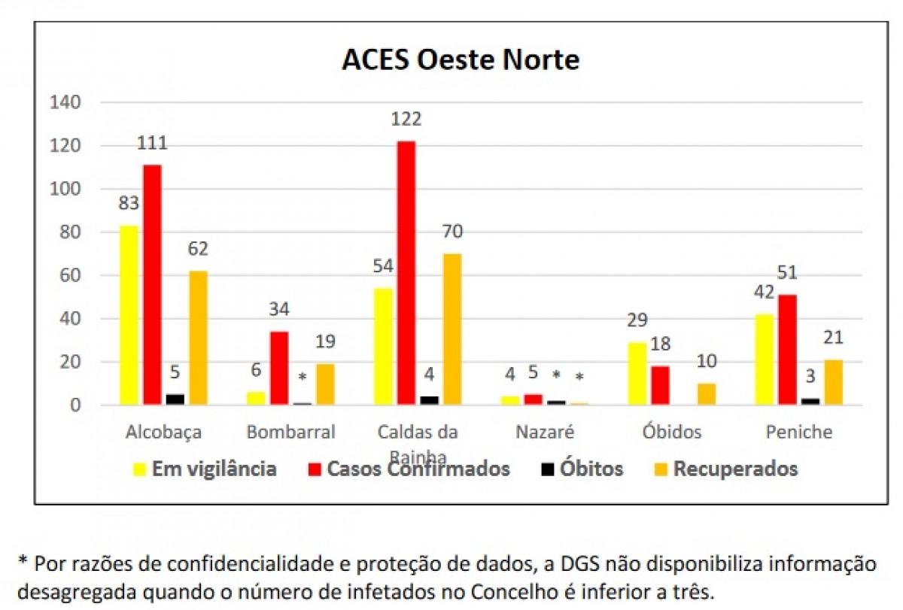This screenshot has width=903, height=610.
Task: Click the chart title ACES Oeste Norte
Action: click(461, 59)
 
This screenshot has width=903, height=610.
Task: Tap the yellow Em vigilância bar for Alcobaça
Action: click(129, 315)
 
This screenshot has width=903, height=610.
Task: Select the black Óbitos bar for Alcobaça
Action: click(175, 399)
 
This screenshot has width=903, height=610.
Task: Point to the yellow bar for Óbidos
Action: click(637, 374)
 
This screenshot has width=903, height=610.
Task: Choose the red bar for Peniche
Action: click(787, 350)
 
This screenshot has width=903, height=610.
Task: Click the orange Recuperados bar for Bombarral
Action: click(325, 384)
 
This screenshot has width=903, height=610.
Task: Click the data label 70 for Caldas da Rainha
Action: click(452, 231)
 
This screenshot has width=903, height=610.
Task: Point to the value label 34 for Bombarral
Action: click(279, 309)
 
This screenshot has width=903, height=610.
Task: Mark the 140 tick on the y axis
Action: click(65, 102)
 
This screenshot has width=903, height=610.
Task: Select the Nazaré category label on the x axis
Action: click(545, 432)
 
